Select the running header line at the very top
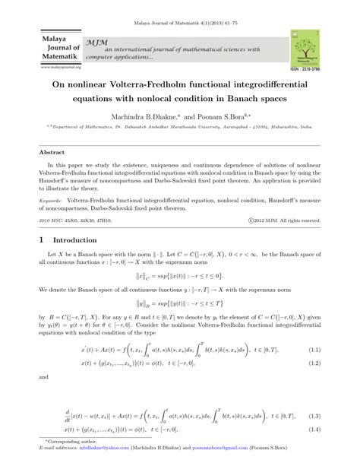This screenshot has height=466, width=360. point(179,8)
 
